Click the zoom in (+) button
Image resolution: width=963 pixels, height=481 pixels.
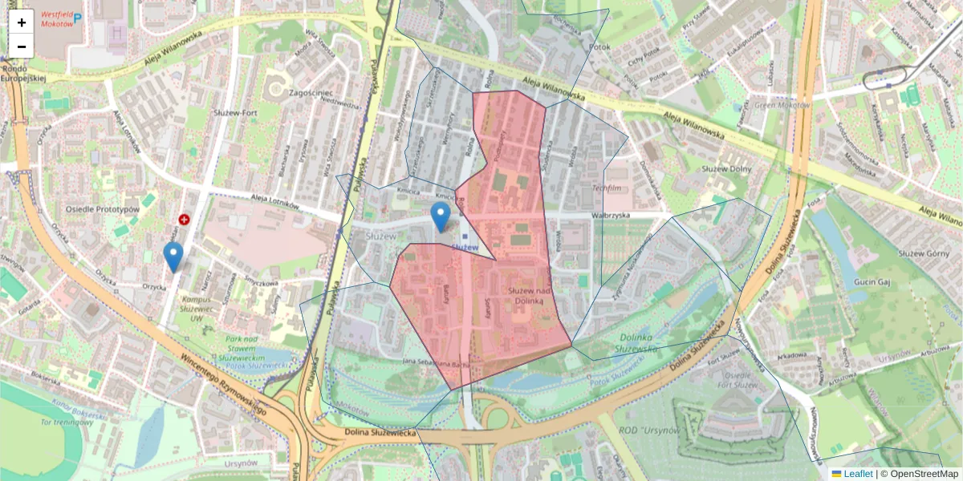tap(22, 22)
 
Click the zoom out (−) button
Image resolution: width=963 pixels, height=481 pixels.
tap(22, 46)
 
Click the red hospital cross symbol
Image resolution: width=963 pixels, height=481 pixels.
tap(185, 219)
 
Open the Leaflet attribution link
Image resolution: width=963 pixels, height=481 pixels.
tap(857, 474)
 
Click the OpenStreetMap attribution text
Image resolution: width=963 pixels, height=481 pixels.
tap(924, 474)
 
